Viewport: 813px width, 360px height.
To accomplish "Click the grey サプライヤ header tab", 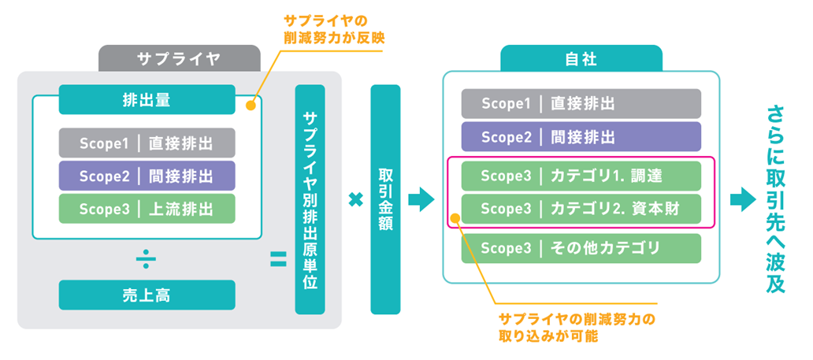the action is [x=179, y=58].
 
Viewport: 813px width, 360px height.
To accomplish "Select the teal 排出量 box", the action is [x=147, y=99].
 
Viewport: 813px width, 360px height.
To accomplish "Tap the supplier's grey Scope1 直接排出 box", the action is [x=147, y=143].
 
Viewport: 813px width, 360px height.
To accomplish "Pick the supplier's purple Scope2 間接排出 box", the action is [x=147, y=176].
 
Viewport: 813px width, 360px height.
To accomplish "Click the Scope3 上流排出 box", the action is [x=147, y=209].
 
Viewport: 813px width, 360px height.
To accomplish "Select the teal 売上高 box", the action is [x=147, y=295].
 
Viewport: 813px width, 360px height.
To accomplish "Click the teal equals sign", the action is [x=278, y=259].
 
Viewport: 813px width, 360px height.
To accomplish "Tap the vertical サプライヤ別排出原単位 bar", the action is [x=310, y=199].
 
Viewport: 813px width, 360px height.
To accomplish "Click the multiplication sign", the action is [x=355, y=200].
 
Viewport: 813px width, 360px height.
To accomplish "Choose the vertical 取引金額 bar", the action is [x=386, y=199].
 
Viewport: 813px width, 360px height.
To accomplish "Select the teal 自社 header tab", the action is [x=581, y=58].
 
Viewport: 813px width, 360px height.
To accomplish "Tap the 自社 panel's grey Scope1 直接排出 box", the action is [x=581, y=103].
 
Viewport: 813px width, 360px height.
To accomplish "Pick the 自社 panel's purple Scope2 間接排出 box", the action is [x=581, y=136].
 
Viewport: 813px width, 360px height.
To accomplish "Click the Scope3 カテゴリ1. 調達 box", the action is [x=581, y=176].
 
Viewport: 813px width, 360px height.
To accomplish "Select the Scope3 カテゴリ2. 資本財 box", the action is [x=581, y=209].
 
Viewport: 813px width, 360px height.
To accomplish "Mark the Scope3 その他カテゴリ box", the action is [x=581, y=248].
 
